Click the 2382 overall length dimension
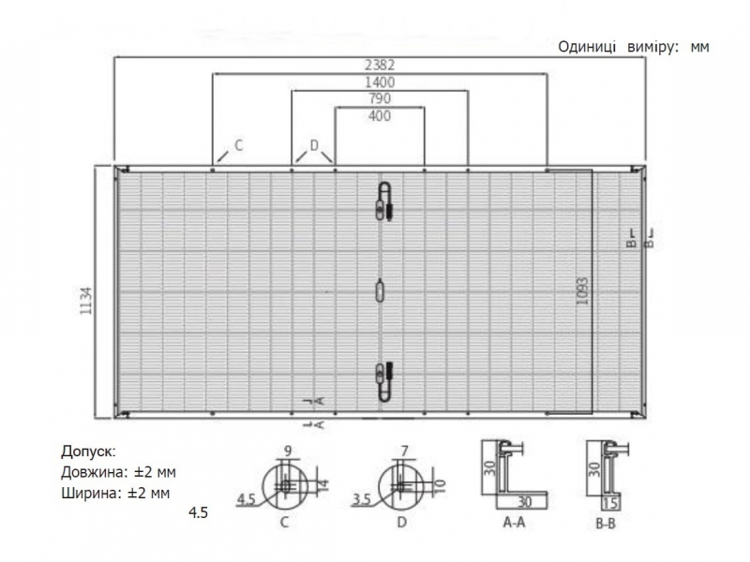click(380, 65)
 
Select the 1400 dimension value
click(380, 82)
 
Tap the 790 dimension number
click(380, 98)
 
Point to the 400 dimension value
click(380, 115)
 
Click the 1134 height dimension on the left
click(85, 301)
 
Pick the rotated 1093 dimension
click(581, 291)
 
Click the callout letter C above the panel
click(239, 145)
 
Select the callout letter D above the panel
click(314, 145)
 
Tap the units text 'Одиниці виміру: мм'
click(634, 47)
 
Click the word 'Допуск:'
click(88, 451)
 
